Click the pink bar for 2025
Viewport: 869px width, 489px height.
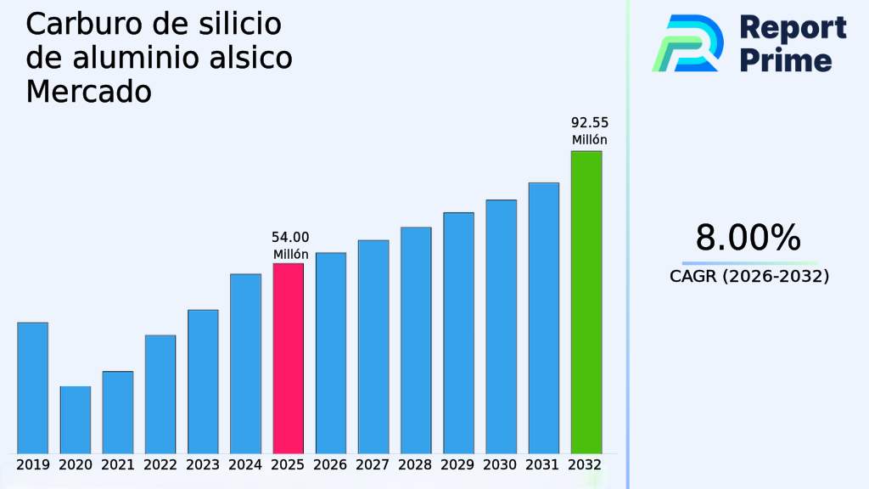click(x=288, y=358)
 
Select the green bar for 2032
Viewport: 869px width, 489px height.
click(x=586, y=302)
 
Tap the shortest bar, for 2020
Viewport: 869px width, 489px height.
click(x=75, y=419)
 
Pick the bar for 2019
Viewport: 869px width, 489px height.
click(x=32, y=388)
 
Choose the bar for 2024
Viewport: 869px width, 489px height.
click(x=245, y=363)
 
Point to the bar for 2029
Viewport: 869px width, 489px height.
click(x=458, y=333)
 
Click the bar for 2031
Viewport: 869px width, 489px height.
click(x=543, y=318)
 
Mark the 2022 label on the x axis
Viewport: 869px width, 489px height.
click(x=160, y=465)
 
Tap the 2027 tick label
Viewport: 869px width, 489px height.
click(x=373, y=465)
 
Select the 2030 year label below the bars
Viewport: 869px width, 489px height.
click(x=501, y=465)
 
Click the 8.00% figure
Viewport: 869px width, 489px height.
click(x=748, y=239)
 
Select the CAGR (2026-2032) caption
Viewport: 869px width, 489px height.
click(x=749, y=276)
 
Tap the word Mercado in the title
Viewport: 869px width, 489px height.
click(x=88, y=91)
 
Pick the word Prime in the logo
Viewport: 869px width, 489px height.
click(x=786, y=60)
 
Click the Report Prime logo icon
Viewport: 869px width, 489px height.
click(x=688, y=43)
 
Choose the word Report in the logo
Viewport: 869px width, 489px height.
click(x=793, y=27)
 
